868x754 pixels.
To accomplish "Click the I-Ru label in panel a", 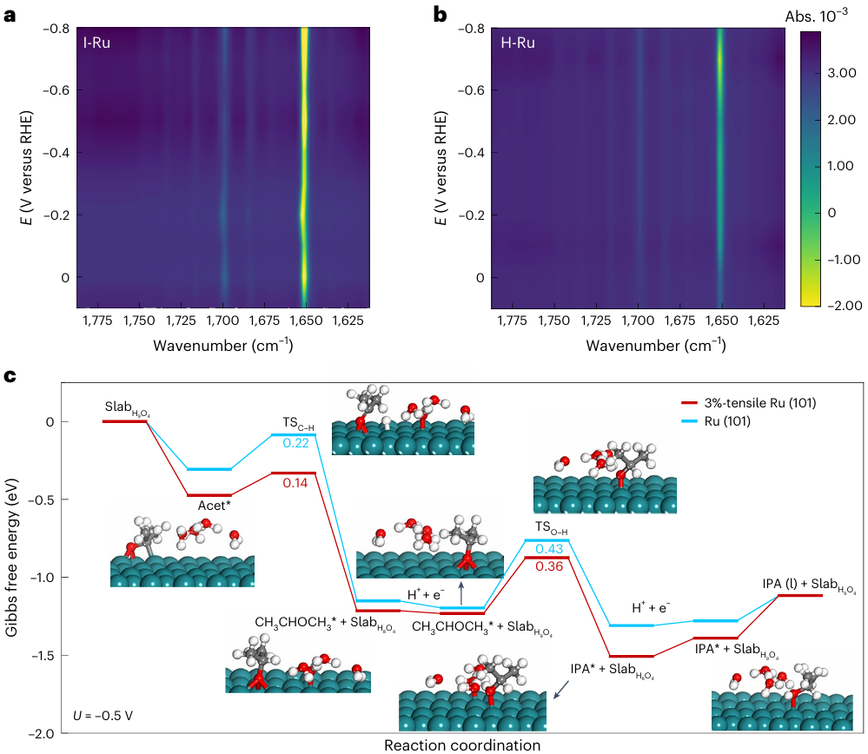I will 96,42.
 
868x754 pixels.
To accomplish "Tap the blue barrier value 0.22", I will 295,444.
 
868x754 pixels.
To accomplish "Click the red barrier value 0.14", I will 295,482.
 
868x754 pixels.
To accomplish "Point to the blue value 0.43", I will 548,549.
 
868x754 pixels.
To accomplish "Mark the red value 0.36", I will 548,566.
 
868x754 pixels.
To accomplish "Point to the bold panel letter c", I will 10,377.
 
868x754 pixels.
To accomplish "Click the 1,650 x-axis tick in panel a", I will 305,322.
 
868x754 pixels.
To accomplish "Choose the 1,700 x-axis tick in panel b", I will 638,322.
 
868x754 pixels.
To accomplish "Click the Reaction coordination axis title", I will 461,744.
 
